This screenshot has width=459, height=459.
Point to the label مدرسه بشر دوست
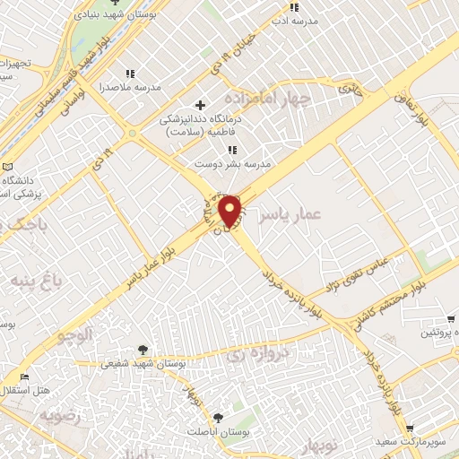coord(233,164)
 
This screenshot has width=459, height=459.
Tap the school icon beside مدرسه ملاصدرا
coord(130,74)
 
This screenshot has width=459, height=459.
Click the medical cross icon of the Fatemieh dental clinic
coord(201,106)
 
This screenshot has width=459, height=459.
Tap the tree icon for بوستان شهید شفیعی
coord(143,349)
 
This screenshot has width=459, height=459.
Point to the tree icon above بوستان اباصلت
coord(219,417)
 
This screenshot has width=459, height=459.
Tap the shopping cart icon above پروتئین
coord(452,318)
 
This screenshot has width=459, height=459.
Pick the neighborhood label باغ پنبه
coord(34,281)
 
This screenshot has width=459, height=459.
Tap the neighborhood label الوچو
coord(74,337)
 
